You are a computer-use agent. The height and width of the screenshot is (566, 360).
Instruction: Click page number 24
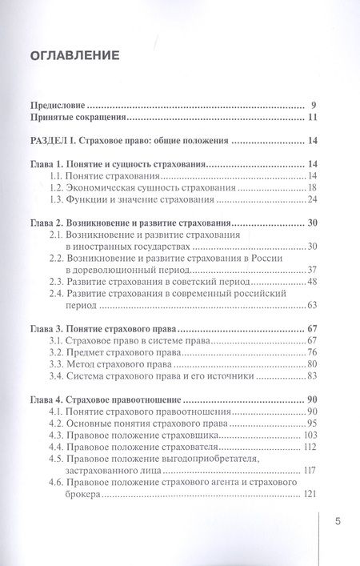314,199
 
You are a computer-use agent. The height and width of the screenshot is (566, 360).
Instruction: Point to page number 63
314,305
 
